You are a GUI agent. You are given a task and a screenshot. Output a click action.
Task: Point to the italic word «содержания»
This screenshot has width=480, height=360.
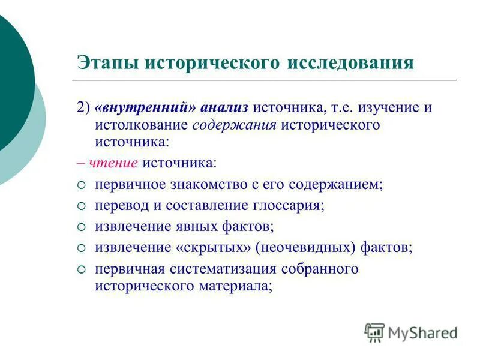(x=235, y=126)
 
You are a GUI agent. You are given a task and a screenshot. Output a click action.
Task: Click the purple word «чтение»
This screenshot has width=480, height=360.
(x=114, y=163)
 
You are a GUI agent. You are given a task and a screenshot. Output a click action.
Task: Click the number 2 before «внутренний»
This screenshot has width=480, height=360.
(x=80, y=109)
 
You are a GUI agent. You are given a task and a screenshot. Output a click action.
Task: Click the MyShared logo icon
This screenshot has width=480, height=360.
(x=374, y=332)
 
